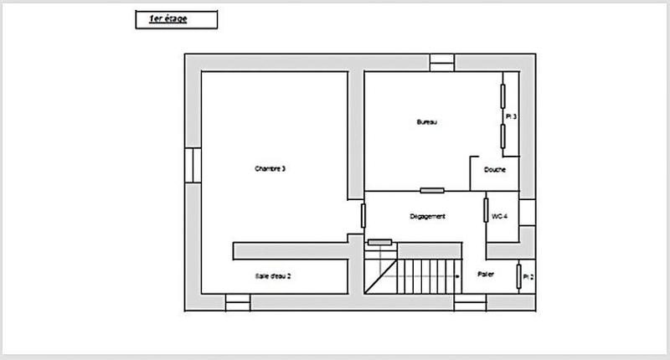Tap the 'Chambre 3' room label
[x=271, y=169]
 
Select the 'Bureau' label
[x=428, y=122]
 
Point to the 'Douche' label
[x=494, y=170]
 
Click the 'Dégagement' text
[x=427, y=216]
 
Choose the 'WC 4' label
[x=500, y=216]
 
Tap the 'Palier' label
[x=485, y=274]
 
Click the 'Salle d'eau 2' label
[x=273, y=275]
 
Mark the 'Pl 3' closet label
[x=511, y=117]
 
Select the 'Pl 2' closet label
[x=528, y=276]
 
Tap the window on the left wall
[x=193, y=165]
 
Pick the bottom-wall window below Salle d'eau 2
[x=238, y=302]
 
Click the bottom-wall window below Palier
[x=470, y=302]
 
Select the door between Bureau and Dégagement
[x=432, y=191]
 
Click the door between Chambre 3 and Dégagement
[x=363, y=215]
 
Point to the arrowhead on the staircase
[x=457, y=274]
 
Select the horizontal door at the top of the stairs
[x=379, y=242]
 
